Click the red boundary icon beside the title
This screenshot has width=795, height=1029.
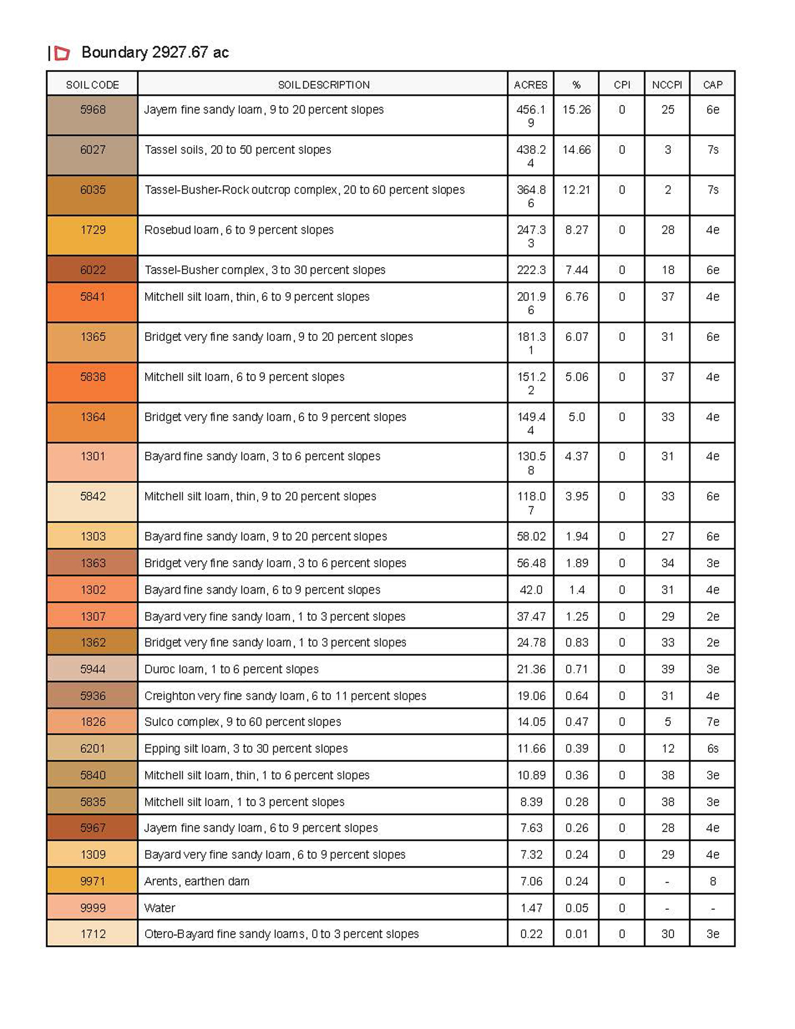point(63,53)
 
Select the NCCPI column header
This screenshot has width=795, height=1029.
point(667,85)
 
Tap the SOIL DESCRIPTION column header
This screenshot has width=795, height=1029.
point(323,85)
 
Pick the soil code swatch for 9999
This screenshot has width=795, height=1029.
point(93,908)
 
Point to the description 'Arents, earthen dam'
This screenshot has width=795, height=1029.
point(197,881)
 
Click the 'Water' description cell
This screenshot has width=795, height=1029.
point(160,908)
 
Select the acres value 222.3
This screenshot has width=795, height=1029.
point(531,270)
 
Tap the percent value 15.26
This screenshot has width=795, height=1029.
point(576,110)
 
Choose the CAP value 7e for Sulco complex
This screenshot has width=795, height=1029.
point(712,722)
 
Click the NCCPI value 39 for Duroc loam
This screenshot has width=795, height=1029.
point(667,669)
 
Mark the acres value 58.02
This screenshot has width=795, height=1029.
point(531,536)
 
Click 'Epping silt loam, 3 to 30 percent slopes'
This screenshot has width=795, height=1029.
point(246,748)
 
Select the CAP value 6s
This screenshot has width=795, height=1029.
point(712,748)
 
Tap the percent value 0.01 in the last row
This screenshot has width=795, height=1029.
point(576,934)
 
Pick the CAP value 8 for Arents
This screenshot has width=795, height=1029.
point(712,881)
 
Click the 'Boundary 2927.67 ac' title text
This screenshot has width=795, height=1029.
point(155,52)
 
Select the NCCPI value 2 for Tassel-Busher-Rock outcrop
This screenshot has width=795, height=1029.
point(667,190)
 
